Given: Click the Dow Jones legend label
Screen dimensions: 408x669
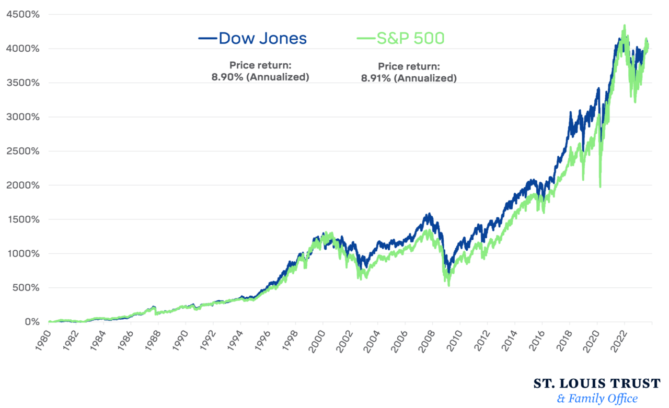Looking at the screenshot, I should [262, 38].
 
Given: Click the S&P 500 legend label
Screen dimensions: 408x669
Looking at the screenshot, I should [410, 38].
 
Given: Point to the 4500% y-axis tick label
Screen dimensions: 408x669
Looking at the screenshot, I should [22, 15].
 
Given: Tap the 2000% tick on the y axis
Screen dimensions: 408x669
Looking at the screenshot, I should [22, 185].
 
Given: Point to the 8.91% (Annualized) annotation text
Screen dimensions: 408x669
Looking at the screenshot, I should [409, 78].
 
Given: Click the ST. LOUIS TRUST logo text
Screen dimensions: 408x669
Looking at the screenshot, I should [596, 383].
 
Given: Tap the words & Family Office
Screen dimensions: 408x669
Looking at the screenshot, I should [597, 399].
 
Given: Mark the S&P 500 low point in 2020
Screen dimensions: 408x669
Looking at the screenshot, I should [600, 186].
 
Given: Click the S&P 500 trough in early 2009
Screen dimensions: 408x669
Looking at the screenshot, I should [448, 285].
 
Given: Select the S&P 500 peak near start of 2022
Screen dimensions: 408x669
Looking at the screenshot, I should [624, 26].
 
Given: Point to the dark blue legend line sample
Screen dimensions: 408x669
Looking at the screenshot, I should [207, 38].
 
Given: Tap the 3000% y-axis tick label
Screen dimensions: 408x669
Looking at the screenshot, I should [22, 117].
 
